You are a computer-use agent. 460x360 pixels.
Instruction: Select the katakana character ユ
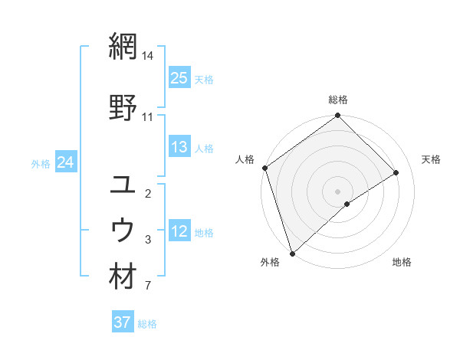pos(123,185)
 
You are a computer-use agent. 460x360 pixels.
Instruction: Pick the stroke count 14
pos(148,56)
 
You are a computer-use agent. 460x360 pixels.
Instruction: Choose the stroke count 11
pos(148,117)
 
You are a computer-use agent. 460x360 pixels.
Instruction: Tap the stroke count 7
pos(148,286)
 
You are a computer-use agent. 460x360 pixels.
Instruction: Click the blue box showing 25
pos(179,78)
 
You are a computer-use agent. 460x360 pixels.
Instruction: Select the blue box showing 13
pos(179,147)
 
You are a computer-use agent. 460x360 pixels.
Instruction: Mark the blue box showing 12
pos(179,231)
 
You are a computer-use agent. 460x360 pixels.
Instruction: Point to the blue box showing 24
pos(65,162)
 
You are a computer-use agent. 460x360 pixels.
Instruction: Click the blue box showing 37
pos(123,322)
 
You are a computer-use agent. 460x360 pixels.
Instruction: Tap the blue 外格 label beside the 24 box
pos(41,163)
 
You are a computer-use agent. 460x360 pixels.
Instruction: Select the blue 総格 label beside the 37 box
pos(147,323)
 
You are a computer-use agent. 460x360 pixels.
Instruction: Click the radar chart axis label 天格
pos(431,159)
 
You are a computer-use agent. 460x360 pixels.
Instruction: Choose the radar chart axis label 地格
pos(402,263)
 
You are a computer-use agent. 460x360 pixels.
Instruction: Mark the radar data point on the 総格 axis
pos(337,116)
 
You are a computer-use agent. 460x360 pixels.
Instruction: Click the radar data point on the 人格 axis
pos(264,168)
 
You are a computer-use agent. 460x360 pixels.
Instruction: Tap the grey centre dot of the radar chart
pos(337,191)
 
